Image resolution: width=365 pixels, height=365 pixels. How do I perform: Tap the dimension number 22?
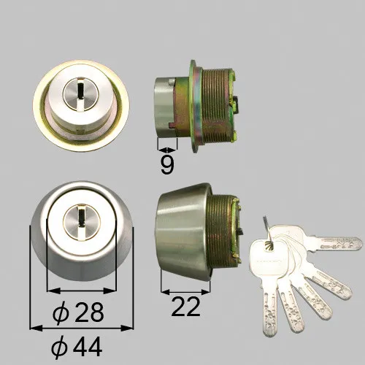coord(185,307)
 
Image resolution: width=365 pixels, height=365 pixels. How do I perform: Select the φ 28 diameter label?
coord(78,312)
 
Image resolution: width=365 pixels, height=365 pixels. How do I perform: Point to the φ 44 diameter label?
coord(77,347)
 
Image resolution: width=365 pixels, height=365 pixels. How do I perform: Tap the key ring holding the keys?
coord(269,231)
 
